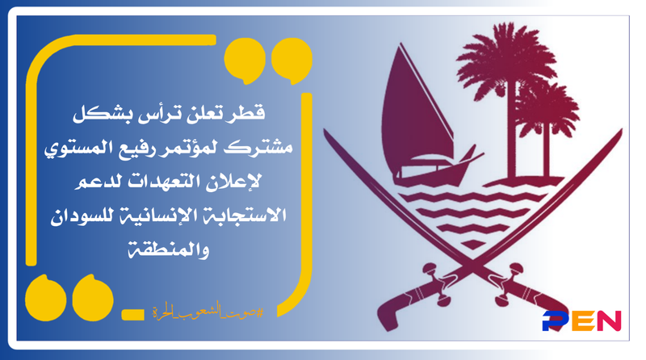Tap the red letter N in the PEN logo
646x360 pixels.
point(608,320)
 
